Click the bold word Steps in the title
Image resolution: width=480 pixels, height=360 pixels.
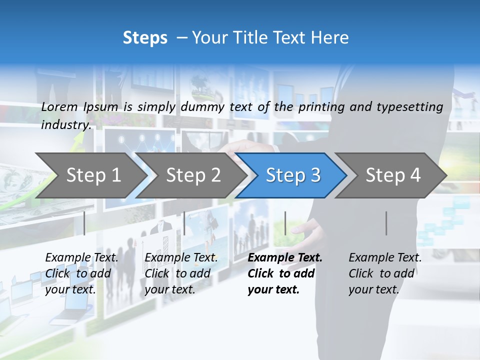[x=145, y=38]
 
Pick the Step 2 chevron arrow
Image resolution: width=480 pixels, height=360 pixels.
[x=192, y=175]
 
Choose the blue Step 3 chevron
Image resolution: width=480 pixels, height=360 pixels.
[x=292, y=175]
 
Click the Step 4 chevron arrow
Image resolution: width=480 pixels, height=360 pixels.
[x=392, y=175]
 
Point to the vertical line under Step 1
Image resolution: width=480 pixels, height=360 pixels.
[x=84, y=223]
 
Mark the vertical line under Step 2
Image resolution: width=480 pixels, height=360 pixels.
[x=184, y=223]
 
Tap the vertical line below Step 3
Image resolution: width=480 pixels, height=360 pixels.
[x=285, y=223]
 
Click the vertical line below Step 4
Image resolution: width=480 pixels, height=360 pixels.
[x=386, y=223]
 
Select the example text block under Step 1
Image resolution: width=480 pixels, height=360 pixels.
[x=81, y=273]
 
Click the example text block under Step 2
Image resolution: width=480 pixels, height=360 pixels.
[x=181, y=273]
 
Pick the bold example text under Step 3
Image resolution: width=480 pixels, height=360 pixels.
[x=284, y=273]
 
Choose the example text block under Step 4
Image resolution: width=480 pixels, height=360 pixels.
[x=384, y=273]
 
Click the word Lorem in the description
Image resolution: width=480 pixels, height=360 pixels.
[x=59, y=106]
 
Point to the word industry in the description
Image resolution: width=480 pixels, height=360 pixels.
[x=65, y=125]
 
